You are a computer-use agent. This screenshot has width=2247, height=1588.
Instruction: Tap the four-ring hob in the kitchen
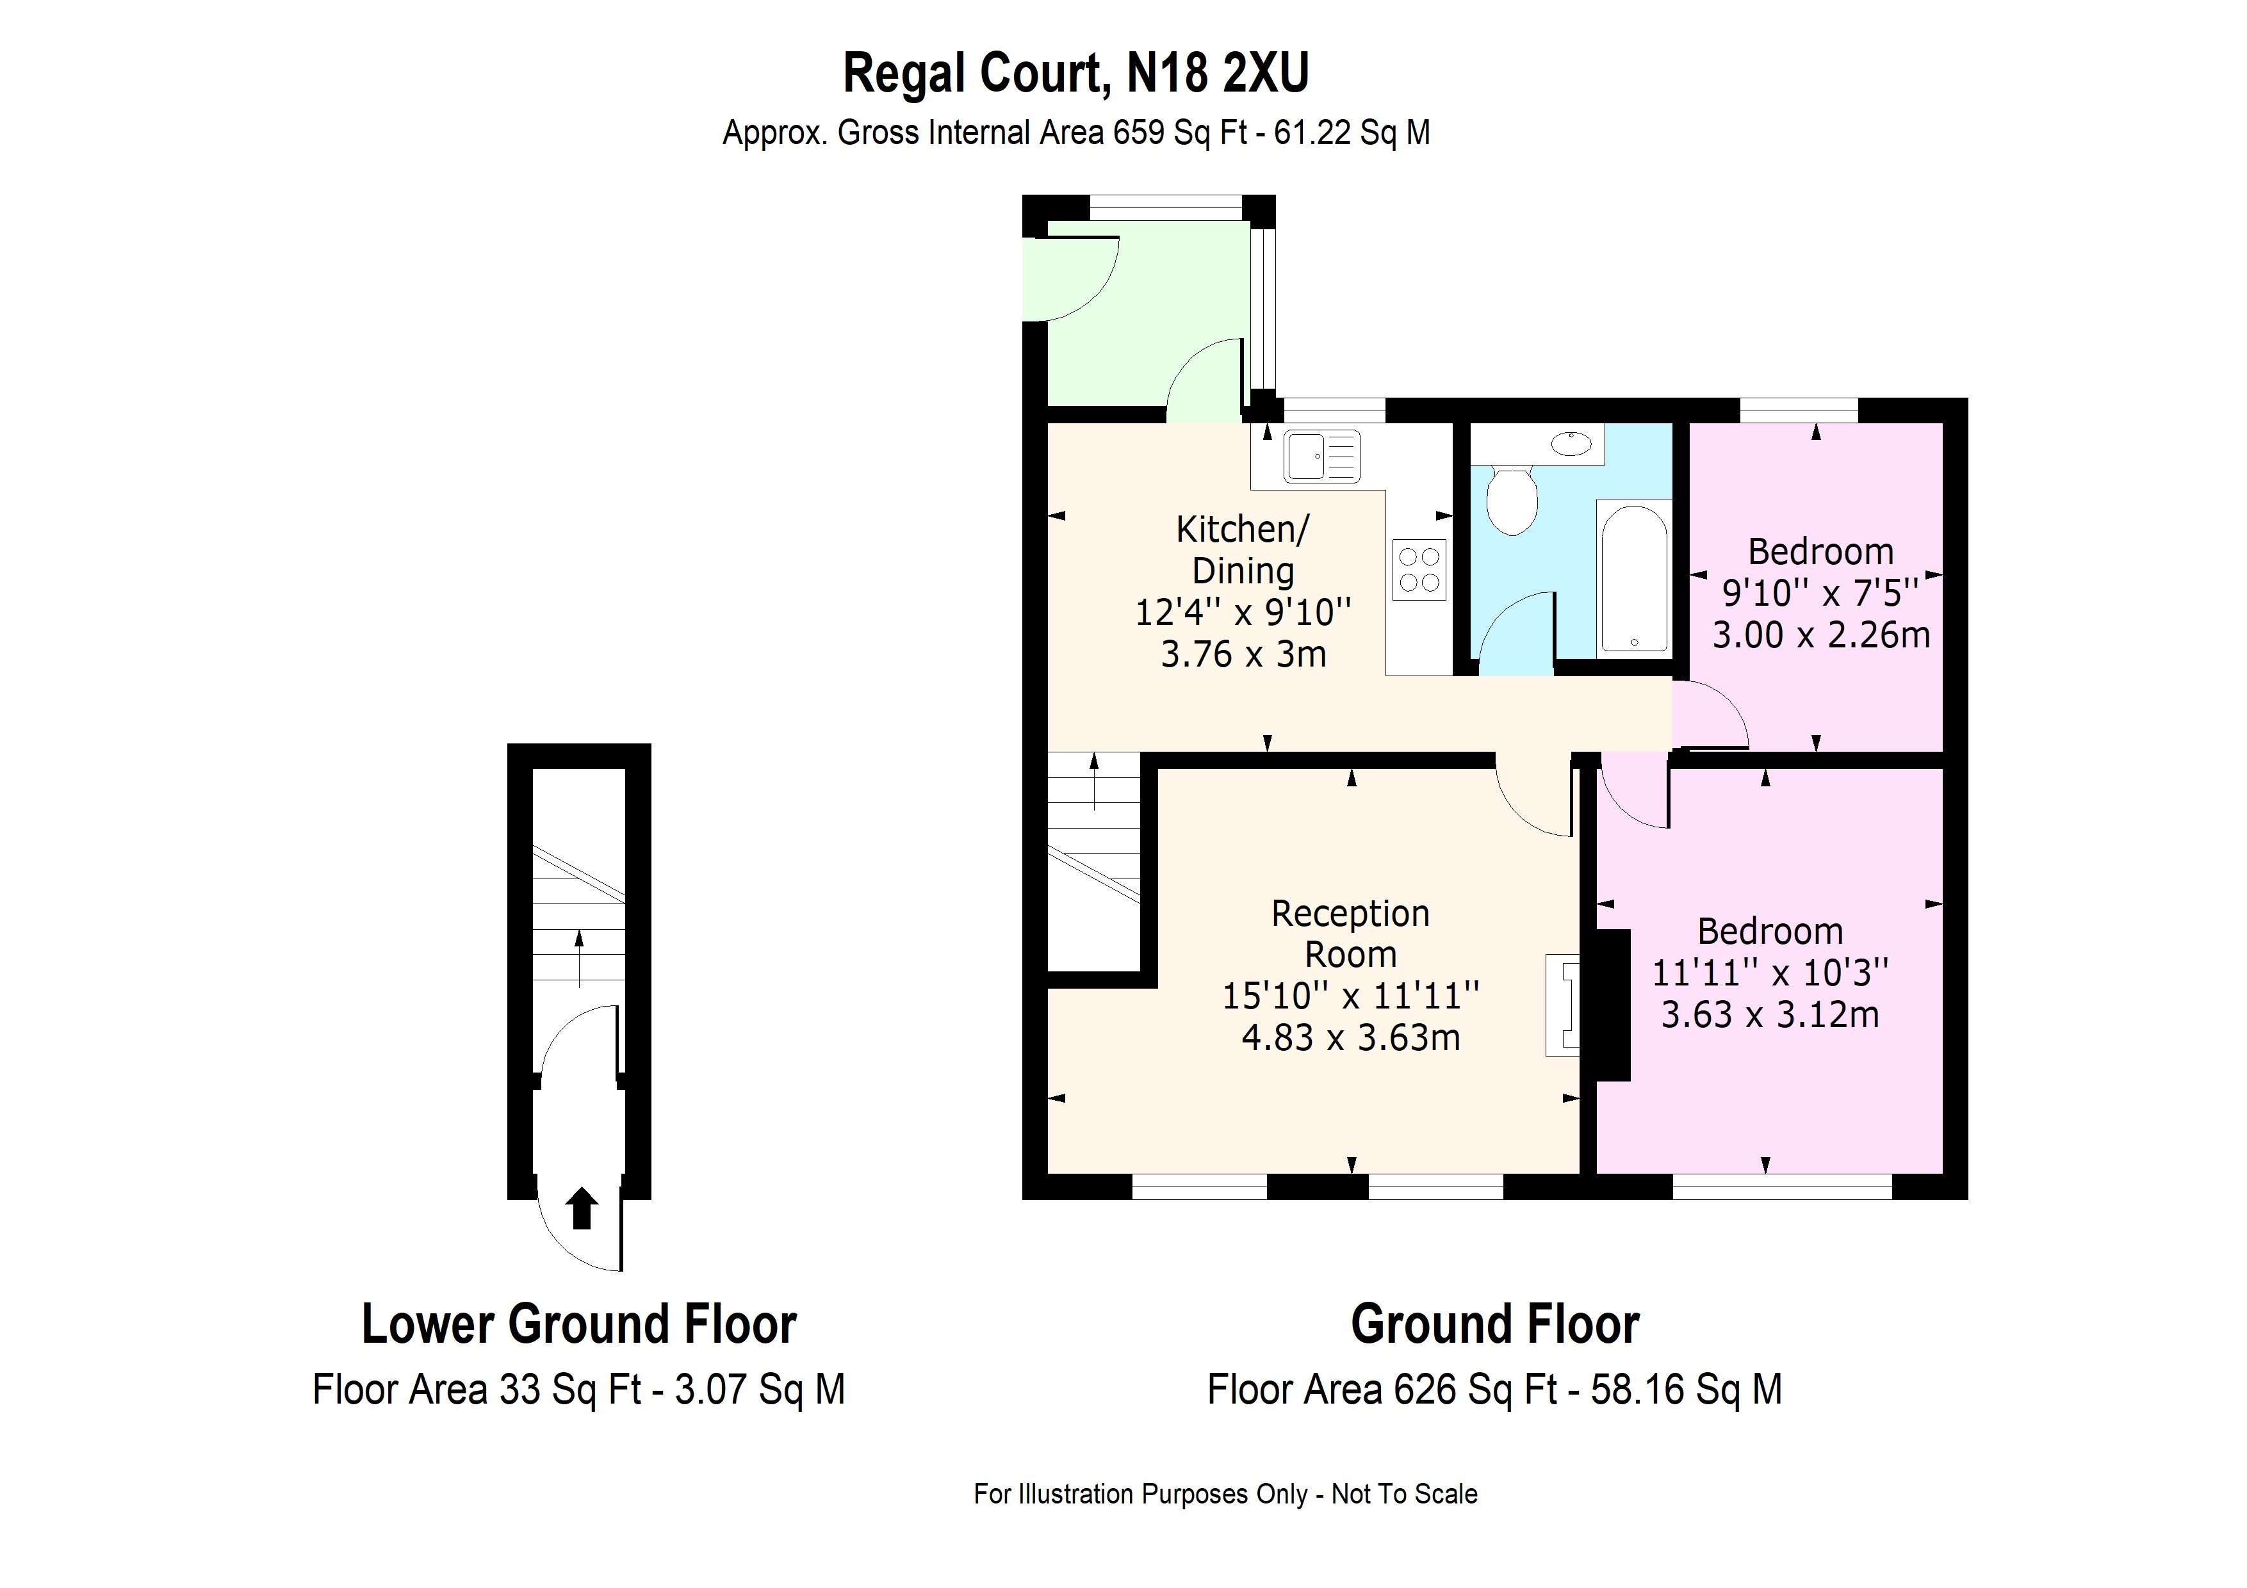1419,569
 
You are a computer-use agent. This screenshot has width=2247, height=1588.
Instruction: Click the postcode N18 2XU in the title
1218,74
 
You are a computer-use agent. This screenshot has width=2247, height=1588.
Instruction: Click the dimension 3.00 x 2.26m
1820,635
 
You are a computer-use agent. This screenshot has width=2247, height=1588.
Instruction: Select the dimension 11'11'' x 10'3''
1769,973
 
